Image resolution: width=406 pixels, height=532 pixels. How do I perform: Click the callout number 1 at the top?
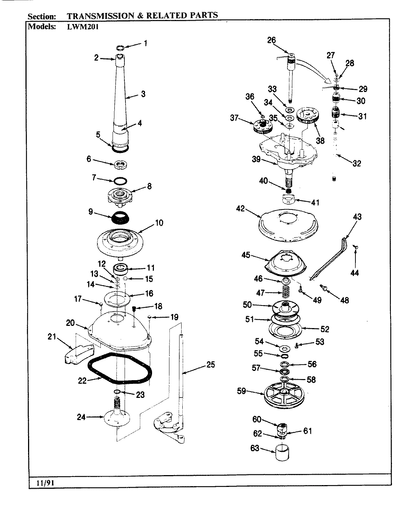[x=145, y=43]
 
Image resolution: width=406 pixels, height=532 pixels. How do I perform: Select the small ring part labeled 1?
[x=120, y=48]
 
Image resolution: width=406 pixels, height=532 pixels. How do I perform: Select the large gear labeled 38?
[x=310, y=115]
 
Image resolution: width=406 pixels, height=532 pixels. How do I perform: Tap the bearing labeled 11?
[x=120, y=268]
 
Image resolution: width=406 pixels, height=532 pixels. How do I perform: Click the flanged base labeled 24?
[x=117, y=417]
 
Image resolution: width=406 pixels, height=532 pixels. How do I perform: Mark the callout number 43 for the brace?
[x=357, y=217]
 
